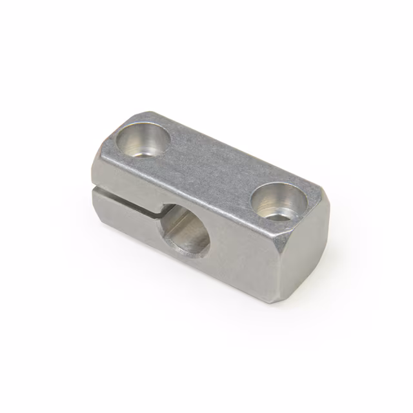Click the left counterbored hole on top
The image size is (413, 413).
point(143,141)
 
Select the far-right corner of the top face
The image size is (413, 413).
point(319,190)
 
